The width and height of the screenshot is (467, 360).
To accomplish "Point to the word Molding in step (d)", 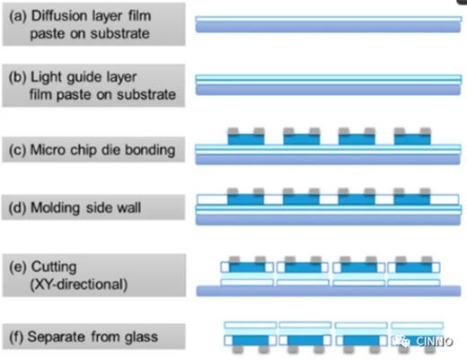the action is (56, 207).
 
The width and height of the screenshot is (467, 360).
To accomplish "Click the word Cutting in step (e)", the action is (54, 267).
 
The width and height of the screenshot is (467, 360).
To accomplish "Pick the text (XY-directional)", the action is (79, 285).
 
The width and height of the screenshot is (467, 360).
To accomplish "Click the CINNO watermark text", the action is (434, 341).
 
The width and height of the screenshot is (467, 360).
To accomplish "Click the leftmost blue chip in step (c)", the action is (246, 139).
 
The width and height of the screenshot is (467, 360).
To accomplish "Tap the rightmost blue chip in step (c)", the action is (412, 139).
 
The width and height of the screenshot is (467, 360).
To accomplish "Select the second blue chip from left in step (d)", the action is (301, 199).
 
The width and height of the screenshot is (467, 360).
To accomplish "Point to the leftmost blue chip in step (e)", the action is (247, 268).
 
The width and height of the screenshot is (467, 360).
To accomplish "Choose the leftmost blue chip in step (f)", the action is (251, 340).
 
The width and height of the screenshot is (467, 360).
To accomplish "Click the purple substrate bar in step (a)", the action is (328, 27).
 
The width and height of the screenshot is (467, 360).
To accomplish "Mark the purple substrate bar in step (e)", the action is (329, 291).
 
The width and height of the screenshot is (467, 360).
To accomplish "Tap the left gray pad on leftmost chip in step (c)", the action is (233, 131).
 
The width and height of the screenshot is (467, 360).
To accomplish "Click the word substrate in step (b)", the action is (146, 95).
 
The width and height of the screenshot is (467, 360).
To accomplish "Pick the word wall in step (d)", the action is (129, 207).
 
